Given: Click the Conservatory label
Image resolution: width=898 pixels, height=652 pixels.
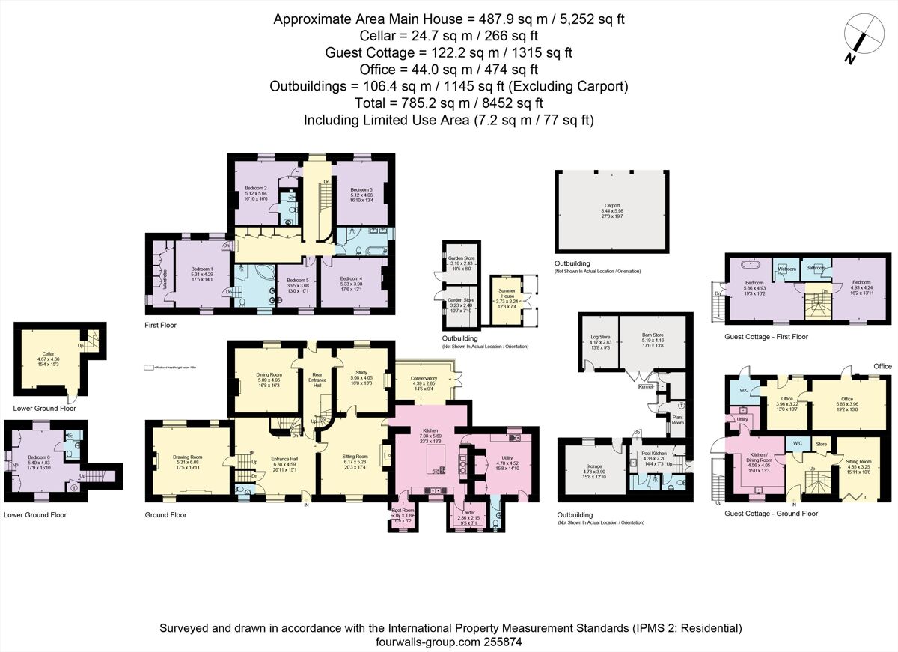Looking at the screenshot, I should (423, 379).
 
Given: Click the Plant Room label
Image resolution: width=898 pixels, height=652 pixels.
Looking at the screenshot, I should (679, 420).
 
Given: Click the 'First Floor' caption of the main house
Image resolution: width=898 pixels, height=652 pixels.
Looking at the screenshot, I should (162, 326).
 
